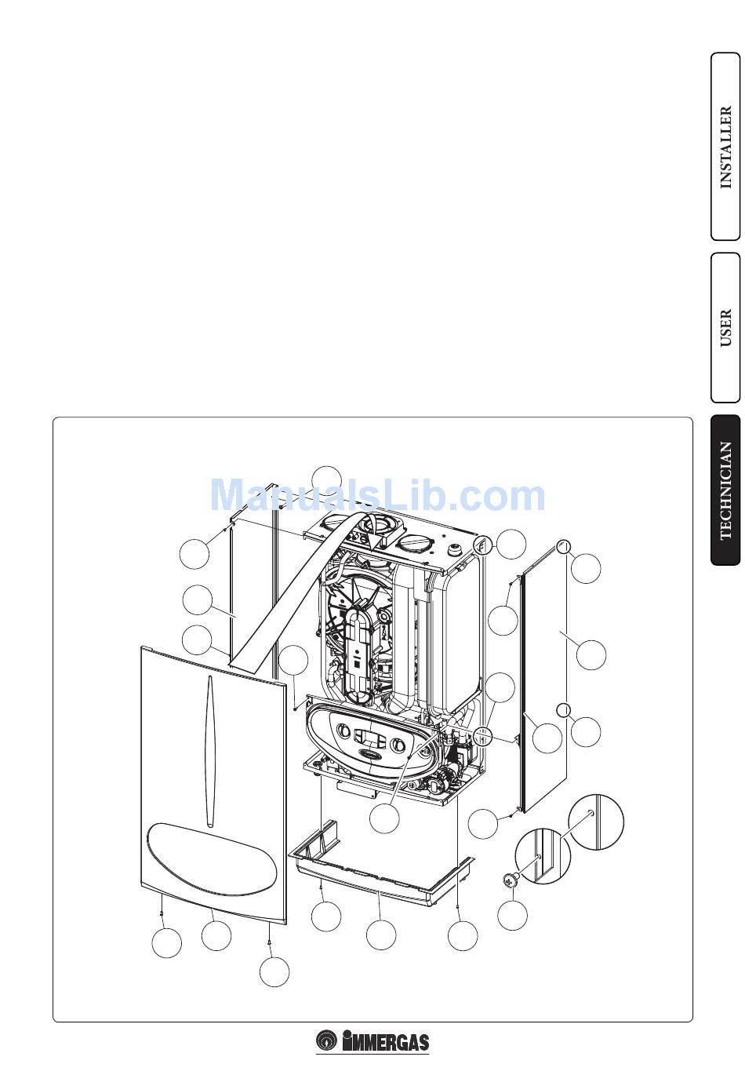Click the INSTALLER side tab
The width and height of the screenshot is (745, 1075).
725,147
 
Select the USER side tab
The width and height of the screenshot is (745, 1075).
725,327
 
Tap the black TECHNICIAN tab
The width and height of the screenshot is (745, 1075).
725,490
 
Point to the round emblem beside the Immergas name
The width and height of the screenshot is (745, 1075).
327,1041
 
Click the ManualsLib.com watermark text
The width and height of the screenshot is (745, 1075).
378,496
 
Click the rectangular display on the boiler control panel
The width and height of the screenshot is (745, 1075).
368,738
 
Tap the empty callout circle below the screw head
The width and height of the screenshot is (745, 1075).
513,915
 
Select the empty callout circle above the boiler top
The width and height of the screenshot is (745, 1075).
326,480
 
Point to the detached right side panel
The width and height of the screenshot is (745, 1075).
544,675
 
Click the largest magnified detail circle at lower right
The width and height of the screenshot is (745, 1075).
595,822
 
